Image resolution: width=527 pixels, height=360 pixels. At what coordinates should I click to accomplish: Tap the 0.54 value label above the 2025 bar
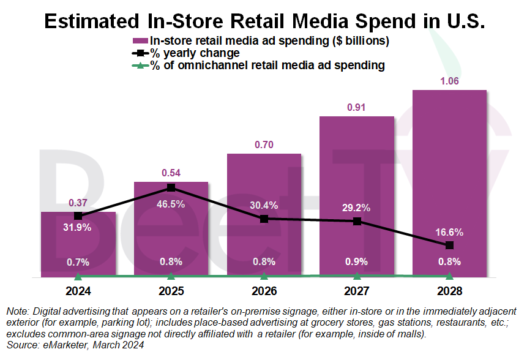point(171,173)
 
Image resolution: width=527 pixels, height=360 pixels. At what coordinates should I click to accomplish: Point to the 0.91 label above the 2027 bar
point(356,107)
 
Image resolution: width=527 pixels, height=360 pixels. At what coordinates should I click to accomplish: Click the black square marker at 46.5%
point(171,187)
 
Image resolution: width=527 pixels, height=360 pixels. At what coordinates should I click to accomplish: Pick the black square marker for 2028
point(450,245)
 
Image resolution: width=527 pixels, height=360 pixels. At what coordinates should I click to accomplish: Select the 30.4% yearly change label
point(264,204)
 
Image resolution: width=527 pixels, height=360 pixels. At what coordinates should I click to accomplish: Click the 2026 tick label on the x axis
point(264,291)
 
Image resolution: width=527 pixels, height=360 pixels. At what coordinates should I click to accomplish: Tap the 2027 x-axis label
point(357,291)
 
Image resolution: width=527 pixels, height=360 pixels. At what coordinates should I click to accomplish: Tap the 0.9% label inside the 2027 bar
point(356,262)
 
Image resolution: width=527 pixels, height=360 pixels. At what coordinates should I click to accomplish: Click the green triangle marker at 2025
point(171,277)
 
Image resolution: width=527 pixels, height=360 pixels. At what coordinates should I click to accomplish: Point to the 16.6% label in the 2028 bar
point(450,232)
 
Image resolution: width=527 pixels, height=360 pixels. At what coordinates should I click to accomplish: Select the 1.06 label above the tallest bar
point(449,81)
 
